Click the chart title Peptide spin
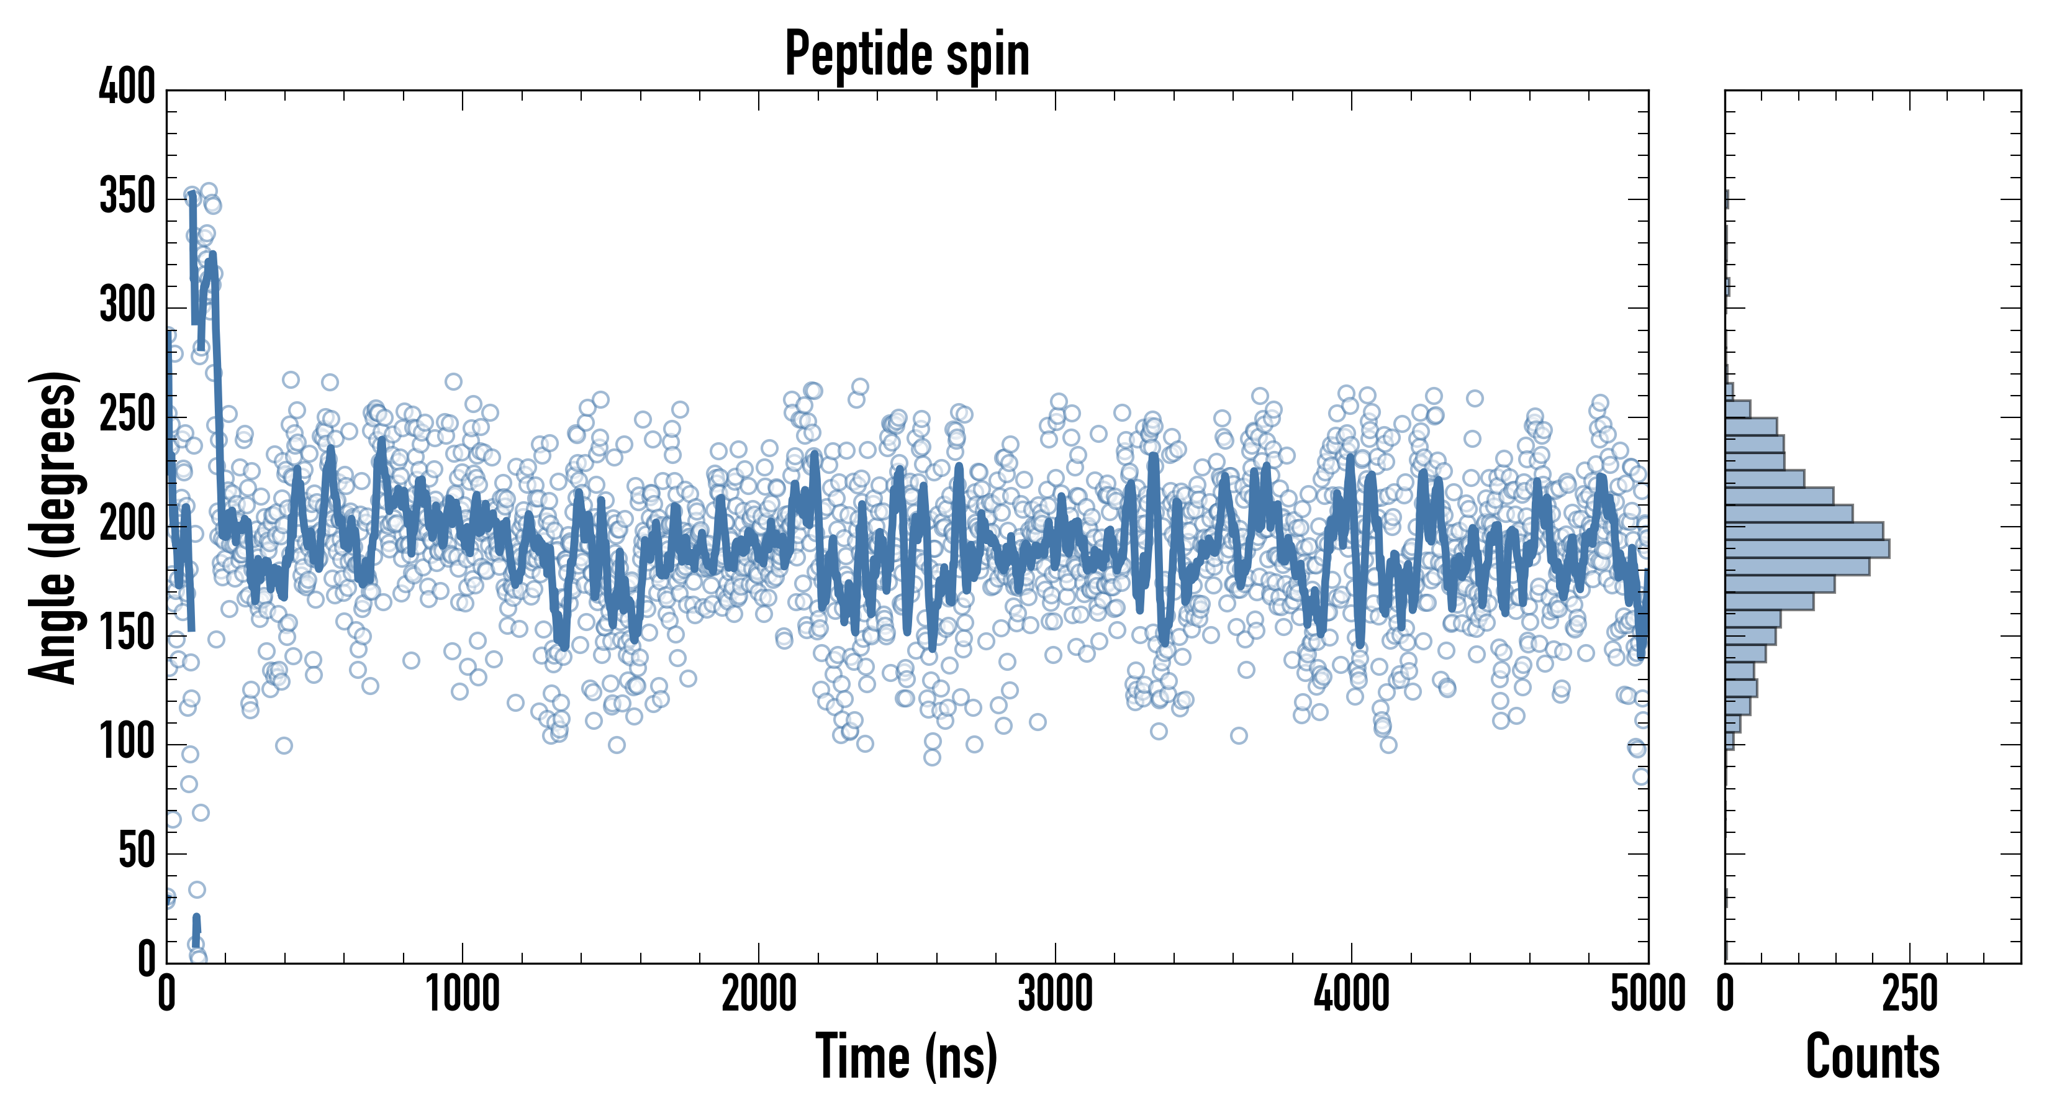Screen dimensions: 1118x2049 pos(907,54)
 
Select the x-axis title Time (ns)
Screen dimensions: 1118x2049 pos(906,1057)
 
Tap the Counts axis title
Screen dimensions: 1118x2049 pos(1873,1057)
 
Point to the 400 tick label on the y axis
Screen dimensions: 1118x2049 pos(127,88)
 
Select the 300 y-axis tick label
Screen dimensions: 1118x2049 pos(127,306)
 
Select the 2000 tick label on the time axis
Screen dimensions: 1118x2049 pos(759,994)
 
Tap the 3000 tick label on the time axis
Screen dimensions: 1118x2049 pos(1056,994)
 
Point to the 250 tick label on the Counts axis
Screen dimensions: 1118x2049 pos(1910,994)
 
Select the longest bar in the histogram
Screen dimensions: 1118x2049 pos(1807,548)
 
